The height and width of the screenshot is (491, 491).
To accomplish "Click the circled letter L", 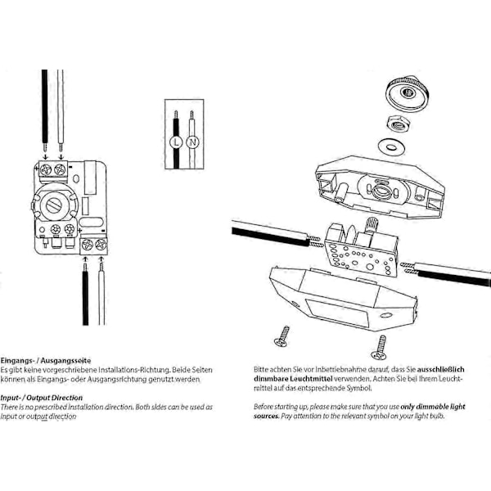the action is (176, 142).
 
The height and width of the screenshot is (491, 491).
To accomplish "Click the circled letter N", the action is (192, 142).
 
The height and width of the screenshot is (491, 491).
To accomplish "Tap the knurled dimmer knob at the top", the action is (406, 93).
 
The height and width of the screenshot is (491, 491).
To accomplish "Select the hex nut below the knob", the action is (399, 124).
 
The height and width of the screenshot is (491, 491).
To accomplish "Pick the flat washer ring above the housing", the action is (390, 146).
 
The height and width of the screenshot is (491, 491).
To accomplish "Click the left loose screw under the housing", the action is (282, 336).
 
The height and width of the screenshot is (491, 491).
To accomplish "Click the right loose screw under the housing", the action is (379, 348).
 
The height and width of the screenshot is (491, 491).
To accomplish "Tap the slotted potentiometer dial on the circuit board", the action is (54, 205).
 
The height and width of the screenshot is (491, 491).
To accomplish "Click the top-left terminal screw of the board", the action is (46, 169).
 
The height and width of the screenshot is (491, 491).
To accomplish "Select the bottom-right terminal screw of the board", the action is (101, 245).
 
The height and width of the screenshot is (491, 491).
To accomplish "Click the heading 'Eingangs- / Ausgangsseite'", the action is (46, 361).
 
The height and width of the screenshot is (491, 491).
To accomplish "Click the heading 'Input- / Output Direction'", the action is (42, 398).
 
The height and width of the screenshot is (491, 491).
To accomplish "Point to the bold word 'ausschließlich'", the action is (440, 370).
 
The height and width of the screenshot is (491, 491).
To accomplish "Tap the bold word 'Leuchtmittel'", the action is (311, 379).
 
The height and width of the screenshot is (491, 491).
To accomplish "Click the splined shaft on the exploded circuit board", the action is (372, 225).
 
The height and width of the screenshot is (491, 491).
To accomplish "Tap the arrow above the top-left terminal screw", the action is (46, 156).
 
